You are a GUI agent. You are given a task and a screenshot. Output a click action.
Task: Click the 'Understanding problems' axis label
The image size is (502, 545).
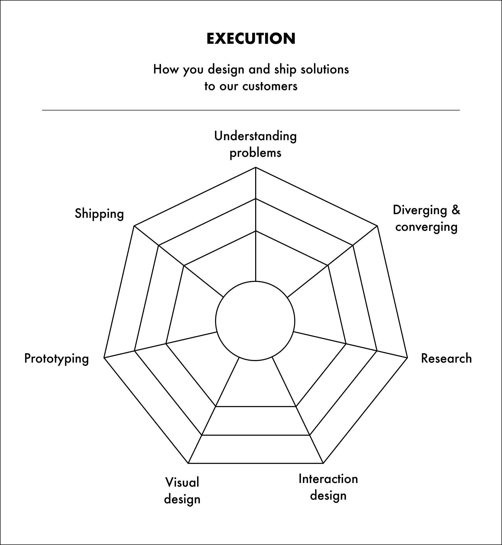(255, 144)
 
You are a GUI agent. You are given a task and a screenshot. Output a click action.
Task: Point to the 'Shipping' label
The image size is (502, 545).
(99, 214)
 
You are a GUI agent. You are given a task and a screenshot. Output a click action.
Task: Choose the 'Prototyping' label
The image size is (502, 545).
(57, 358)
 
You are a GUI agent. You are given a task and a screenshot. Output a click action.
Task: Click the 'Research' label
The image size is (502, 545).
(446, 358)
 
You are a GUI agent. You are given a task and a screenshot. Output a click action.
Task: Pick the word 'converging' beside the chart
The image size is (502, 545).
(426, 227)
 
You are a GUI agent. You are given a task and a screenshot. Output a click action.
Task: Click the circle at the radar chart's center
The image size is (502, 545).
(255, 321)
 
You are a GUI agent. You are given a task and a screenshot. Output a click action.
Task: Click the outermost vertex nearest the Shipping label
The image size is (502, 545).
(134, 226)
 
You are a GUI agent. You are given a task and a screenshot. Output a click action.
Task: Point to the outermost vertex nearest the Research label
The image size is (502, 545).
(407, 358)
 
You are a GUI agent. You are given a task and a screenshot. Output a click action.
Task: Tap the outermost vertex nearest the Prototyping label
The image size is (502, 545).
(104, 358)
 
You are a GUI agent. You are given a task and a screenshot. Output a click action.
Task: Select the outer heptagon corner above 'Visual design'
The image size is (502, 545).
(188, 463)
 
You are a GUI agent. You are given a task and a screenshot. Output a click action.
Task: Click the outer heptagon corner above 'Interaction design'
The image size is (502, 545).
(323, 463)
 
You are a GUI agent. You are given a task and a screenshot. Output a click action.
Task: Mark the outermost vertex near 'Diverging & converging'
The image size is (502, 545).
(377, 226)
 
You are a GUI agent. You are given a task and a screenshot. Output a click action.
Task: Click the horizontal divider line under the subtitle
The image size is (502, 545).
(251, 110)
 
